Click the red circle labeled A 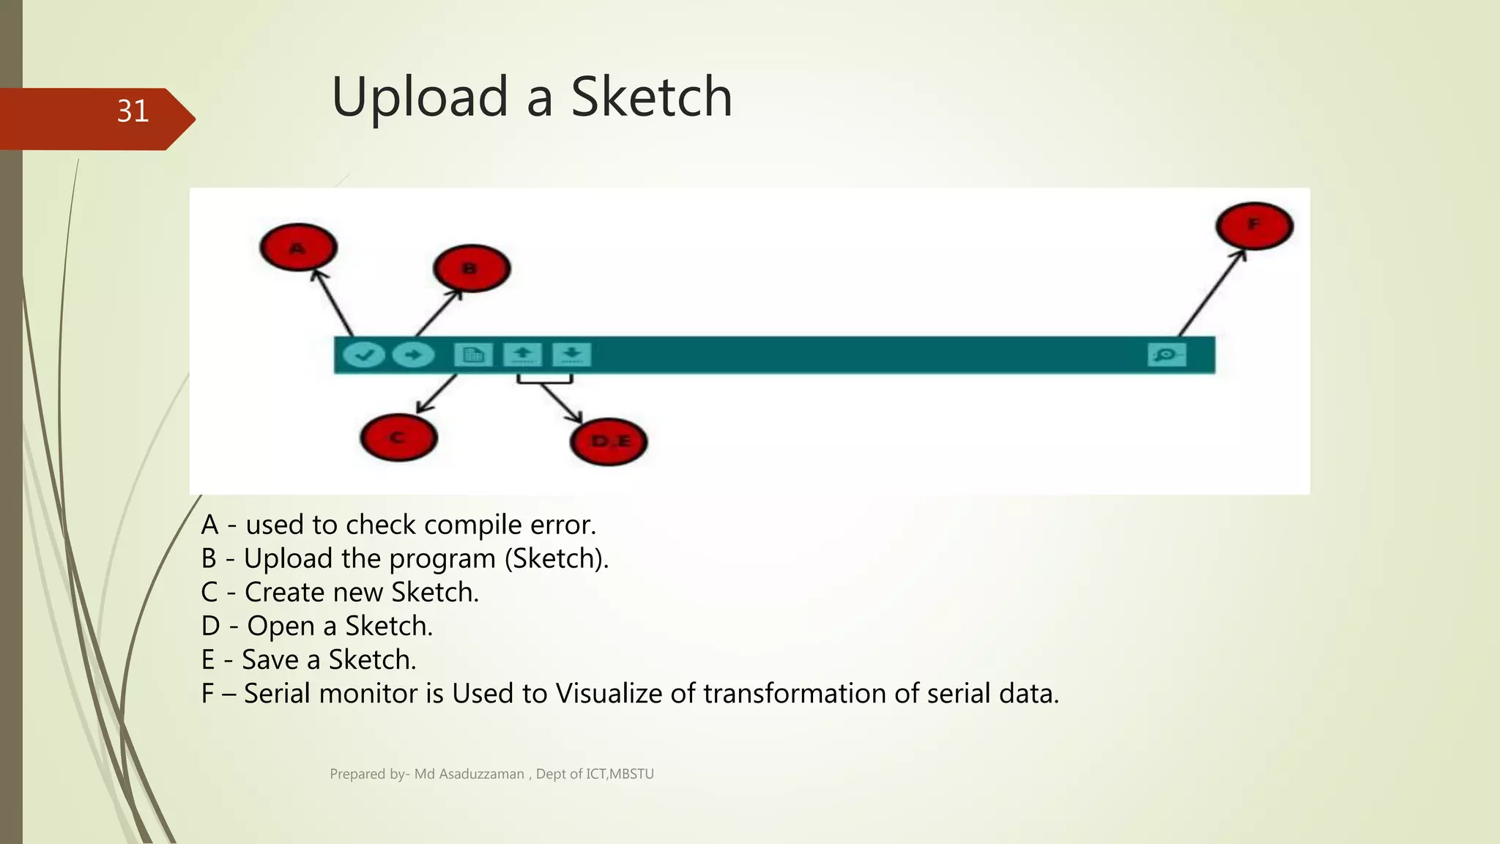coord(298,248)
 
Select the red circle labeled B coord(471,268)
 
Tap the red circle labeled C coord(398,438)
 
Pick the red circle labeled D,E coord(609,442)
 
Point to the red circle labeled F coord(1254,226)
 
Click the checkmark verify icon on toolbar coord(364,355)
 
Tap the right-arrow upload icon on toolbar coord(413,355)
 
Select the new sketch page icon coord(473,355)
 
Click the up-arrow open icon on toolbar coord(522,355)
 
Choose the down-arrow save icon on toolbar coord(571,355)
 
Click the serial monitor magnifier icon coord(1166,355)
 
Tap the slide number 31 coord(133,111)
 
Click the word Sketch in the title coord(651,97)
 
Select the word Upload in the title coord(420,97)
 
